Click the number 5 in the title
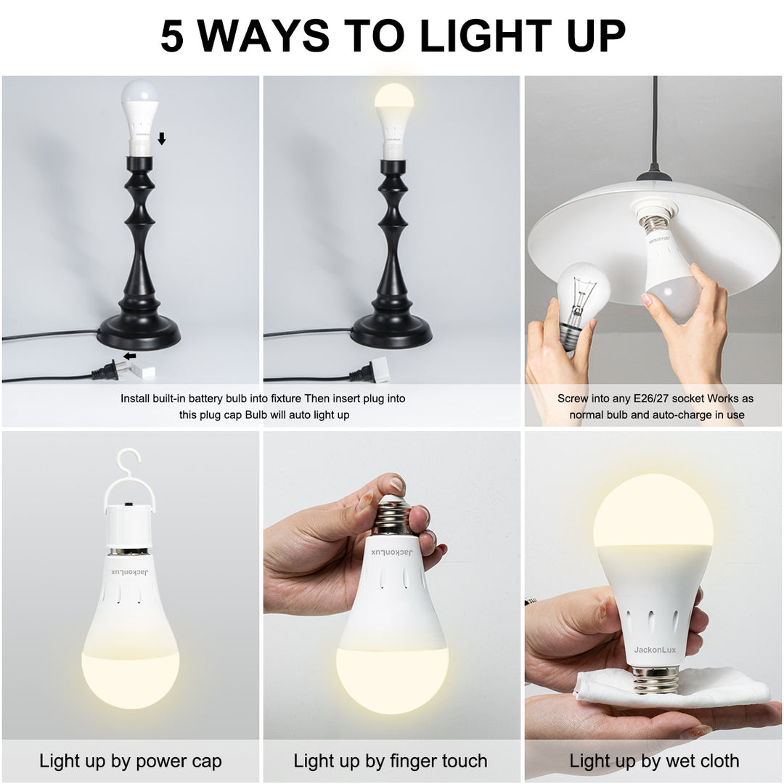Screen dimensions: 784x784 coord(173,36)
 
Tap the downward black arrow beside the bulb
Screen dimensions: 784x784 coord(161,139)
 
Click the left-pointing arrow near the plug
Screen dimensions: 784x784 coord(130,356)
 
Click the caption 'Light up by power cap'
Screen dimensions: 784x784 coord(131,761)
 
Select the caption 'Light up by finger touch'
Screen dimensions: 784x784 coord(391,761)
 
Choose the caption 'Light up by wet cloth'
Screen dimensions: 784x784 coord(654,761)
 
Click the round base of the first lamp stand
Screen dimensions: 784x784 coord(139,333)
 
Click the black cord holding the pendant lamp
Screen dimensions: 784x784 coord(654,123)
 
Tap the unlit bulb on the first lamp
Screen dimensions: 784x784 coord(139,102)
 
